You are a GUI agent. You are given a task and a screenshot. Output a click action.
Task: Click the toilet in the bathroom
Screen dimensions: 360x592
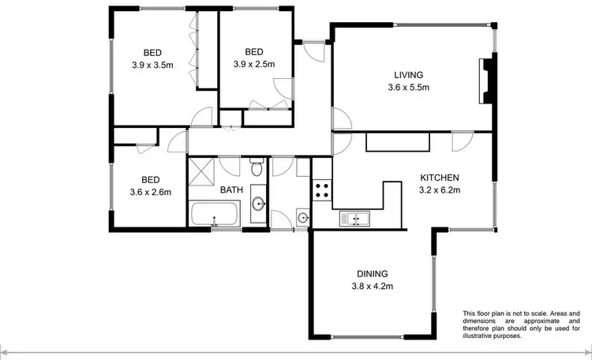pyautogui.click(x=256, y=168)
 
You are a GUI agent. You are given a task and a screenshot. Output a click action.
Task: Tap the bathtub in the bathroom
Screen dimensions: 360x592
pyautogui.click(x=214, y=214)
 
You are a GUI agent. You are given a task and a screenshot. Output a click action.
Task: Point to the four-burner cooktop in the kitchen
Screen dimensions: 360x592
pyautogui.click(x=322, y=189)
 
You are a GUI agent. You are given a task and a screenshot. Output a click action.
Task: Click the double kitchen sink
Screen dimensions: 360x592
pyautogui.click(x=355, y=218)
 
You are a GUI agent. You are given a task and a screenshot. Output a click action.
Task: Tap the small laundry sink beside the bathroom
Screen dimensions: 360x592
pyautogui.click(x=303, y=217)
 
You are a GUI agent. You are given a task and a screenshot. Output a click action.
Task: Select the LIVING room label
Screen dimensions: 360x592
pyautogui.click(x=408, y=76)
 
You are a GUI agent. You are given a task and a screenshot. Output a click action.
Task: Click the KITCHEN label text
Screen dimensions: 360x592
pyautogui.click(x=440, y=178)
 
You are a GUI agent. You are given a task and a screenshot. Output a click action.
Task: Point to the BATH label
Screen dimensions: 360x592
pyautogui.click(x=231, y=189)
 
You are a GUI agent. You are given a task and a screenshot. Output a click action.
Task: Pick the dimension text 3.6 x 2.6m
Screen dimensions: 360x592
pyautogui.click(x=152, y=191)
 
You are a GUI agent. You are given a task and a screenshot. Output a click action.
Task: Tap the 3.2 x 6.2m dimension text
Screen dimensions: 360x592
pyautogui.click(x=440, y=189)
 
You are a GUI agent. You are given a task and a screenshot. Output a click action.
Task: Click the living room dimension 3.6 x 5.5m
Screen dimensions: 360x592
pyautogui.click(x=408, y=88)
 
